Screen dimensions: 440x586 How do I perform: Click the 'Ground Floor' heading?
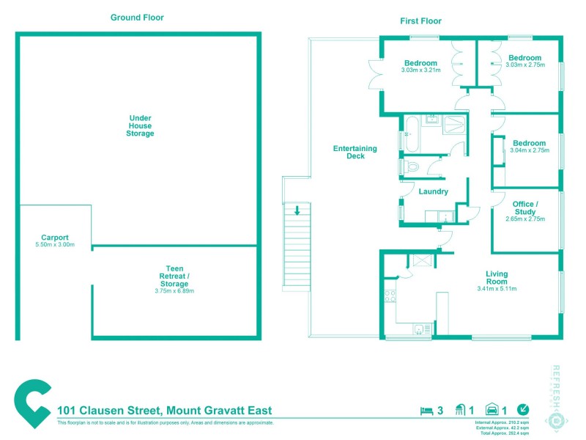137,18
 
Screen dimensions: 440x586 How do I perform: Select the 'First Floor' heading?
420,21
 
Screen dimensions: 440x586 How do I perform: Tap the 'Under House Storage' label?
141,125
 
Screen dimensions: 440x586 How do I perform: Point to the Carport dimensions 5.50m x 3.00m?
55,245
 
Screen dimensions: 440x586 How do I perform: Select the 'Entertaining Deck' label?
355,152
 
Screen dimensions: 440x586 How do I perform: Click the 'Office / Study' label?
525,208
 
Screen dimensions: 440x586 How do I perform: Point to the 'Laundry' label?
433,192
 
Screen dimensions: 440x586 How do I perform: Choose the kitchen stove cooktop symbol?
390,296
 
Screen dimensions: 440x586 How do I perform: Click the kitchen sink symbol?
419,329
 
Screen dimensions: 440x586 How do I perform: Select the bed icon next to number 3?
426,411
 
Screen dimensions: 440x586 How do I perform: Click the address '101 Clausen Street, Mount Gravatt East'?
158,411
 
